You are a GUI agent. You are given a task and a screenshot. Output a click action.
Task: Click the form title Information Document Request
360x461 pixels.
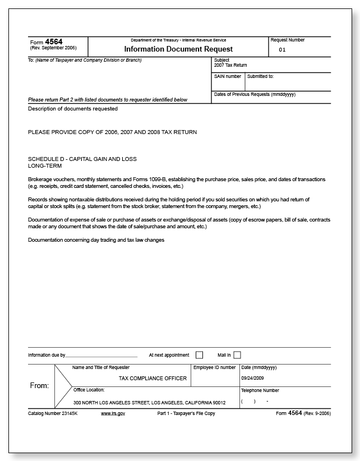pos(178,49)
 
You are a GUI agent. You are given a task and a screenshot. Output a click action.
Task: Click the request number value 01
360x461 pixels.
pos(282,50)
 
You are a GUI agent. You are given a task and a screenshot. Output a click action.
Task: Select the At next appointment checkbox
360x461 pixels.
pos(199,355)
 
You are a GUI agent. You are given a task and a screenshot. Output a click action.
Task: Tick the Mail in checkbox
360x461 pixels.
pos(237,355)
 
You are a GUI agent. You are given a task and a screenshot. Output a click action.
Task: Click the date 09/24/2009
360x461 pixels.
pos(252,379)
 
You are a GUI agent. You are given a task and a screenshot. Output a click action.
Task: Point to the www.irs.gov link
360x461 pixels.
pos(113,413)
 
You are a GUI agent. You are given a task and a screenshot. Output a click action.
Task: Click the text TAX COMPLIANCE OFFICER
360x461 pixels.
pos(153,379)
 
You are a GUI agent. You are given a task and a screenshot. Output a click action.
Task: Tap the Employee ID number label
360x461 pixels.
pos(215,367)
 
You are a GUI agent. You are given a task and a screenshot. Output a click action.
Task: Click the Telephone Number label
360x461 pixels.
pos(260,390)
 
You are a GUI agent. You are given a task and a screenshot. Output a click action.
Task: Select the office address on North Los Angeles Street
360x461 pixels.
pos(149,403)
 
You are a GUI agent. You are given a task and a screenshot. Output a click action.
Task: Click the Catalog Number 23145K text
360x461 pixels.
pos(53,413)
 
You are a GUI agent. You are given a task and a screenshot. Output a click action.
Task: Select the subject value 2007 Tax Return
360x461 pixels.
pos(230,66)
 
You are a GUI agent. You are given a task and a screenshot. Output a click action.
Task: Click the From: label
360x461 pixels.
pos(39,386)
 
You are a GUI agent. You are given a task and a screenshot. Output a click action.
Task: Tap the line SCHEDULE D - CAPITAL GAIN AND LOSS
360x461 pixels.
pos(82,159)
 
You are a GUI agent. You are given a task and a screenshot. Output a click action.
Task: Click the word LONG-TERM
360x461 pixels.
pos(45,166)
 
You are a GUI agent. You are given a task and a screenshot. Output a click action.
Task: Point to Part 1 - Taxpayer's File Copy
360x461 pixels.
pos(186,413)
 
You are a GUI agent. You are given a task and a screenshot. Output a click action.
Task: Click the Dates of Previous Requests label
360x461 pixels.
pos(255,94)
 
